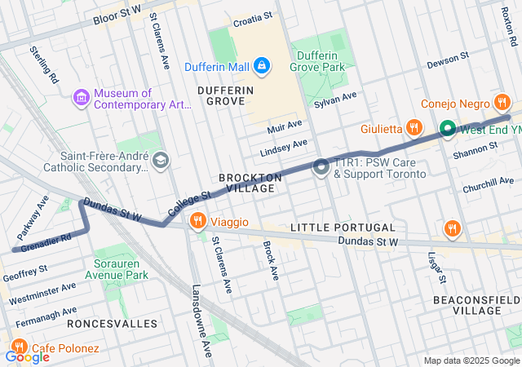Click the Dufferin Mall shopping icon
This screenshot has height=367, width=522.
(x=261, y=64)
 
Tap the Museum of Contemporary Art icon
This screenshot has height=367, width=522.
(x=81, y=98)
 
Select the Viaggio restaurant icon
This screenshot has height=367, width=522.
(x=197, y=221)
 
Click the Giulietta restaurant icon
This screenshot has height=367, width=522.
(x=415, y=128)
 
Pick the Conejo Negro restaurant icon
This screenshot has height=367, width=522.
(x=502, y=104)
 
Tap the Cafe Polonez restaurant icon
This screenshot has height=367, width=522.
(x=20, y=348)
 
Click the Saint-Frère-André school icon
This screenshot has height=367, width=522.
(x=160, y=159)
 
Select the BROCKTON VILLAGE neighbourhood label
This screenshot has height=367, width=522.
(x=250, y=183)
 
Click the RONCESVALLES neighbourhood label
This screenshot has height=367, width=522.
(x=113, y=324)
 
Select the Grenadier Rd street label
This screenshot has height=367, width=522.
(x=46, y=241)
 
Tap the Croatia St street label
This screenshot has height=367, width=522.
(x=254, y=24)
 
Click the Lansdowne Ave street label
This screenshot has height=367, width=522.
(x=201, y=321)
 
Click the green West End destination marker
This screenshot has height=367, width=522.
(x=448, y=129)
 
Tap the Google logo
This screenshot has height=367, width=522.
(x=27, y=356)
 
